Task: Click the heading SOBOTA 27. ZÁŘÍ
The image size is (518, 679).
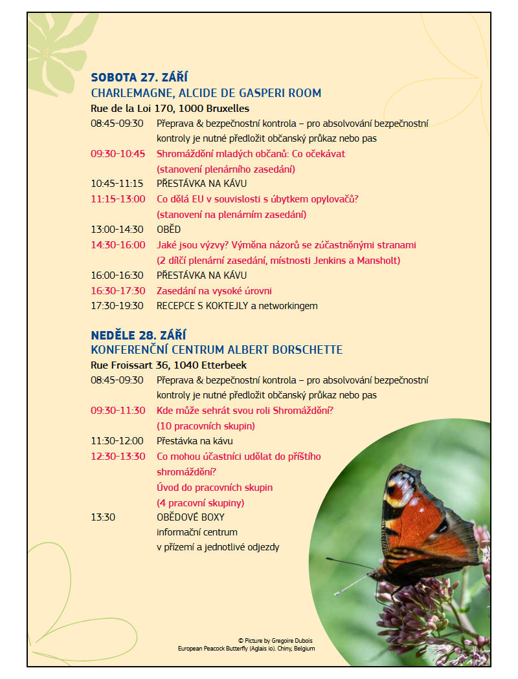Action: click(139, 78)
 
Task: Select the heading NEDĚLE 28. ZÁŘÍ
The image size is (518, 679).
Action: click(138, 335)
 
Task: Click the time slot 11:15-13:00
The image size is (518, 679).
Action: click(118, 199)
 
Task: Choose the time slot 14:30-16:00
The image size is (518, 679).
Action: click(118, 245)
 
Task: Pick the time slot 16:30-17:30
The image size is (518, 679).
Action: click(118, 291)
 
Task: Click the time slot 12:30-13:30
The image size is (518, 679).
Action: click(118, 457)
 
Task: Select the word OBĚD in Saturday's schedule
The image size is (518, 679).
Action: click(168, 230)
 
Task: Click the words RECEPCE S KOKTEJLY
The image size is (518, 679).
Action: click(202, 306)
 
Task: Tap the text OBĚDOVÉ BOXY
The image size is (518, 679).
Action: click(190, 517)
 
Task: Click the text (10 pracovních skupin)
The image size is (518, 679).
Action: click(206, 426)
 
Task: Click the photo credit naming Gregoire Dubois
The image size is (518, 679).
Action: click(275, 640)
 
